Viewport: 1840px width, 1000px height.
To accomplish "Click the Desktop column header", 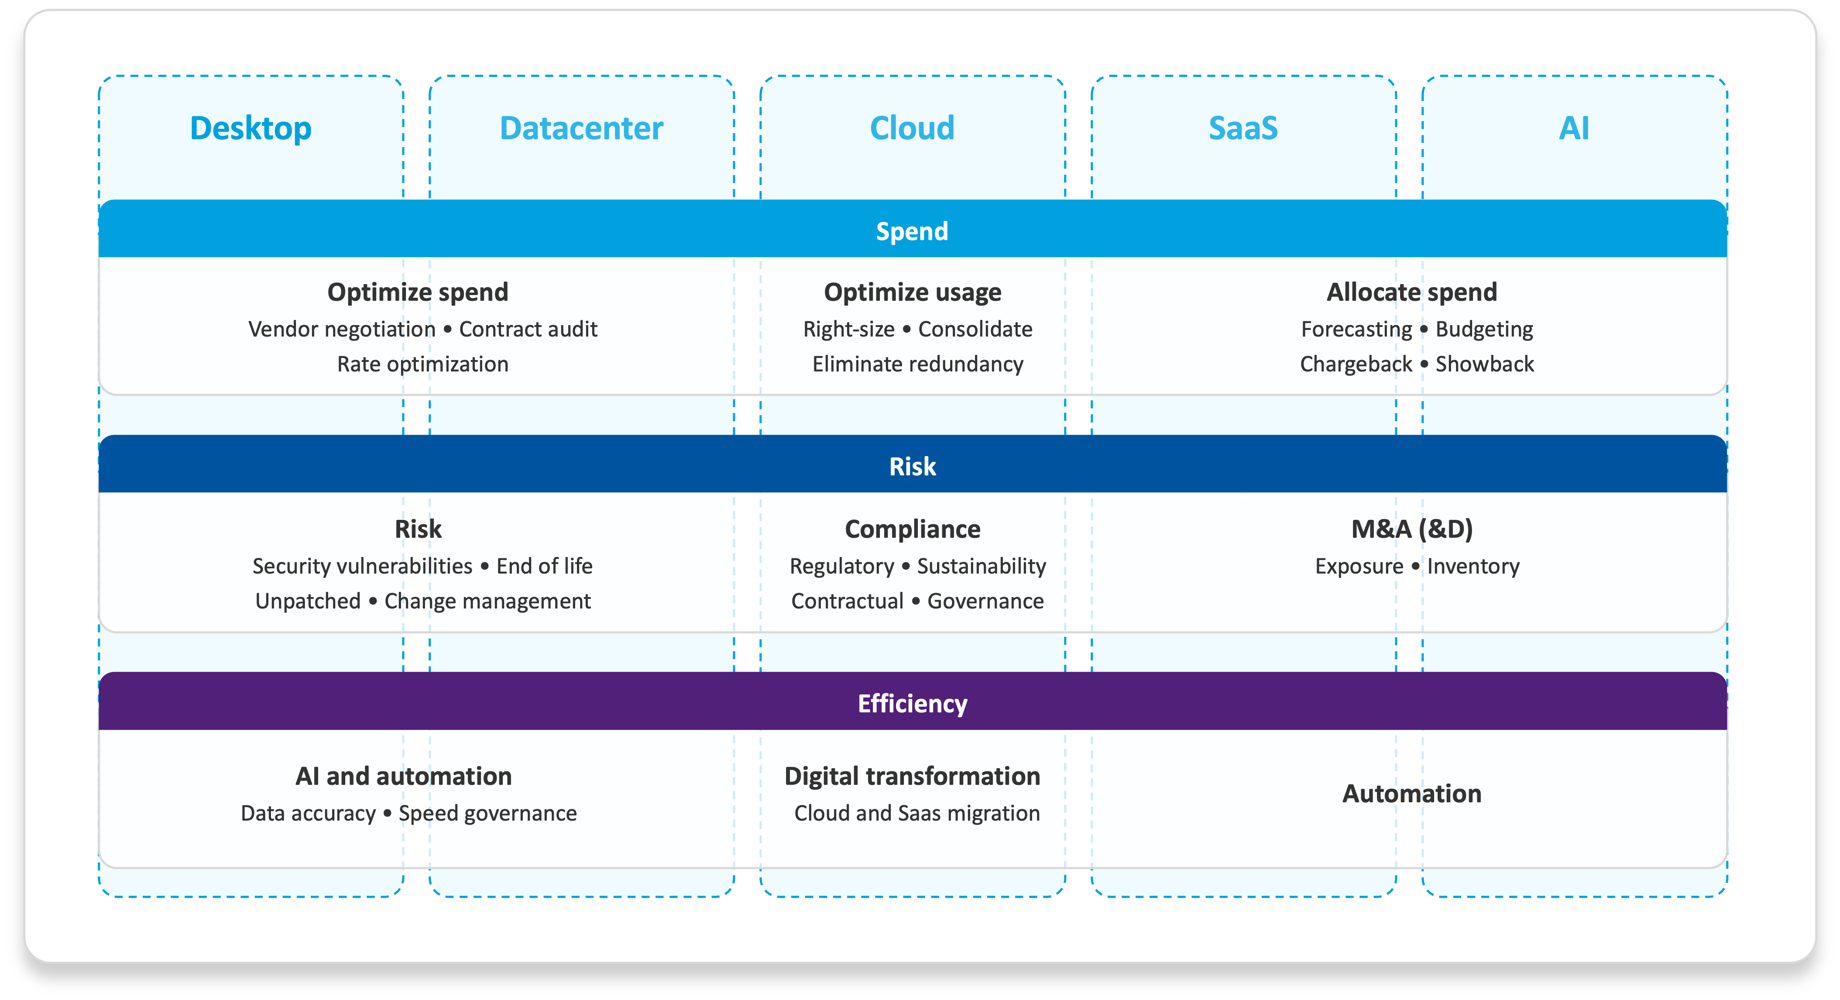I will tap(251, 129).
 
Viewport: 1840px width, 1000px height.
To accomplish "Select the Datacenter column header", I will tap(581, 129).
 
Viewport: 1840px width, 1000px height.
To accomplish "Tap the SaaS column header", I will tap(1243, 129).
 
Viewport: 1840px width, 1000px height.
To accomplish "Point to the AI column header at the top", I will tap(1574, 129).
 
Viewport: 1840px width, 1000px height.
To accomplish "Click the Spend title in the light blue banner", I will tap(912, 231).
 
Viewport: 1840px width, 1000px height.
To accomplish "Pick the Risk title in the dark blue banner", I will tap(912, 467).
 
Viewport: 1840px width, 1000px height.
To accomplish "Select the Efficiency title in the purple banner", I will tap(912, 704).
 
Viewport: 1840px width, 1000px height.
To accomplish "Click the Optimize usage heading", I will tap(912, 292).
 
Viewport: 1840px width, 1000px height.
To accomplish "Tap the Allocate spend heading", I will tap(1411, 292).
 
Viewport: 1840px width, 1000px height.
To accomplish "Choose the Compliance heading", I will tap(912, 529).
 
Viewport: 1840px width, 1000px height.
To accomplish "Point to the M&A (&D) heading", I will tap(1411, 529).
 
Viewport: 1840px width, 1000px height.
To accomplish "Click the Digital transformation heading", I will tap(912, 777).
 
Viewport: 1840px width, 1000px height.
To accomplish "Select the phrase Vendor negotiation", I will tap(341, 329).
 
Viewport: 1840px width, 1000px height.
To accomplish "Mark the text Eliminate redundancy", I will tap(918, 364).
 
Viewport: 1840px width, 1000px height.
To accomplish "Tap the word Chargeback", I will tap(1356, 364).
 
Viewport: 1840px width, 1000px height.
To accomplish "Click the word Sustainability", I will tap(982, 567).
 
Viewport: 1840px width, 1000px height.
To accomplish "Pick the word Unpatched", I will tap(308, 601).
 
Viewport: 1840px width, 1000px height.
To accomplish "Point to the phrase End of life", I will tap(544, 567).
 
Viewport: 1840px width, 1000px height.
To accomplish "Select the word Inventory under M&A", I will tap(1473, 567).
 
